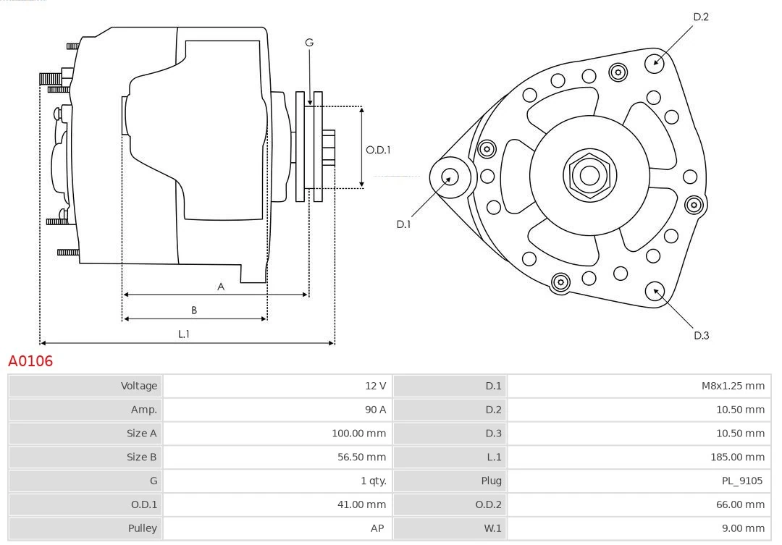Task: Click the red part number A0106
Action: (x=30, y=360)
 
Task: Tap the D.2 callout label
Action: (x=700, y=17)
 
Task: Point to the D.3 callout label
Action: (x=700, y=335)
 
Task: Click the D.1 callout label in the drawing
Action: (x=403, y=224)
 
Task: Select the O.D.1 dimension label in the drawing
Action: (x=378, y=150)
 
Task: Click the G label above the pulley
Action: (x=309, y=43)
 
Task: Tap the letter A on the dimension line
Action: (x=221, y=287)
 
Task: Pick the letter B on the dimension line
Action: (x=194, y=310)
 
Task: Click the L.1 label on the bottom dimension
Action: (x=184, y=334)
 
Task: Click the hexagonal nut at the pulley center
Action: (x=589, y=175)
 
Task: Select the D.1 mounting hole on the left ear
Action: (x=450, y=176)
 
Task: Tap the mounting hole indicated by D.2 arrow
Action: (x=655, y=61)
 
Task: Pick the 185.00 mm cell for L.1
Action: (x=737, y=457)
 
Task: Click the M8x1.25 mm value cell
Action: (x=733, y=386)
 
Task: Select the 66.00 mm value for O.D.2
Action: (x=740, y=504)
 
